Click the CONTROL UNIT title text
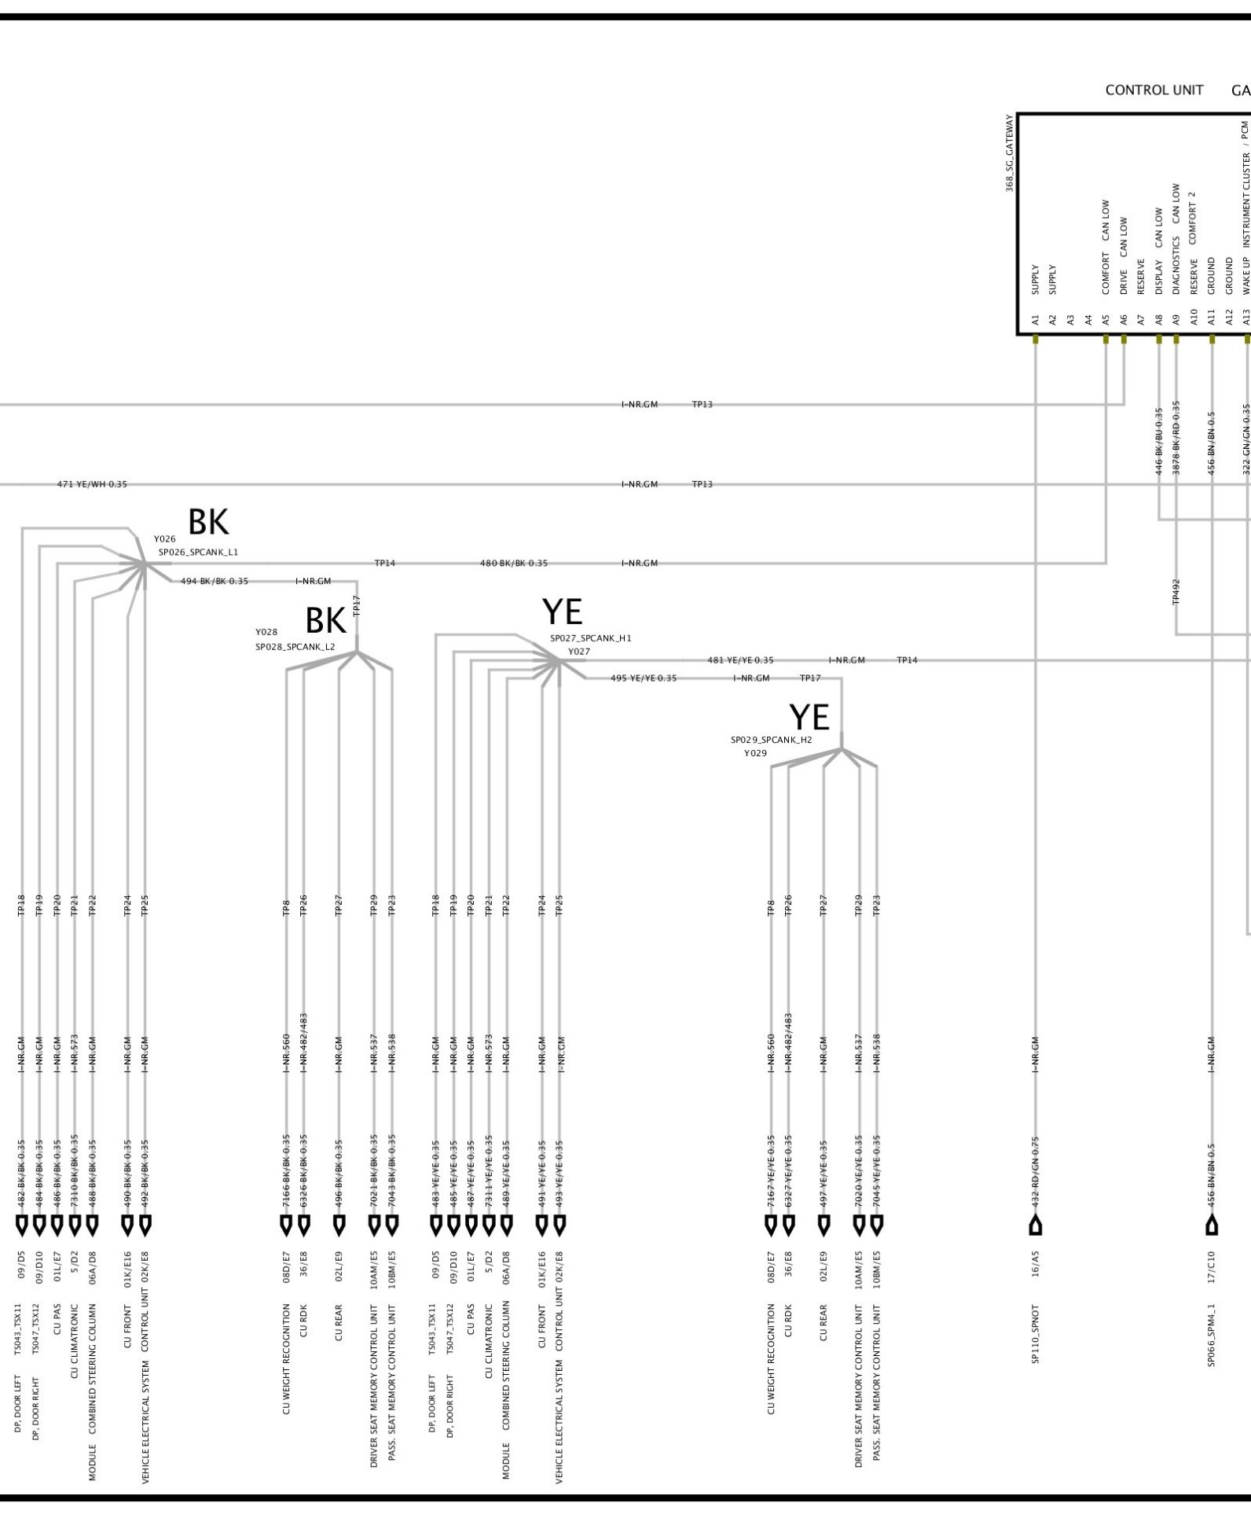1154,90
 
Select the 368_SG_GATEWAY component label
1011,154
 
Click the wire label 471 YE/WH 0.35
92,484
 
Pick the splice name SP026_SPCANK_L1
198,553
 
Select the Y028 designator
266,632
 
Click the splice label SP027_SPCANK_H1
590,638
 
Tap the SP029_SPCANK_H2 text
771,740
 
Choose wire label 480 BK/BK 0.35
514,564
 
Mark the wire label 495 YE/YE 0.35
644,678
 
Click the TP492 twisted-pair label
1176,591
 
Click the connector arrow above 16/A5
1036,1224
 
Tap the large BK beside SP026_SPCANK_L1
208,522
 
